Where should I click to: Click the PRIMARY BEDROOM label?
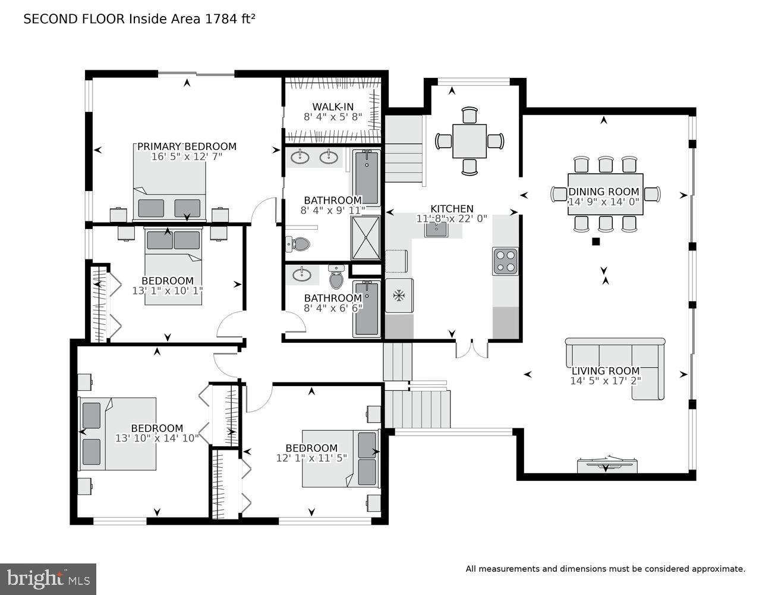[x=187, y=146]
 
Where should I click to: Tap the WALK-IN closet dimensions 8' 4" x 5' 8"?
[x=332, y=117]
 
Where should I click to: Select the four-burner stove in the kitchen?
[x=505, y=261]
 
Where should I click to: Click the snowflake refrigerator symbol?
[x=399, y=295]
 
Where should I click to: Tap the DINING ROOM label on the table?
[x=604, y=192]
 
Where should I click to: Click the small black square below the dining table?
[x=595, y=242]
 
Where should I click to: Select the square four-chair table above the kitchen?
[x=469, y=141]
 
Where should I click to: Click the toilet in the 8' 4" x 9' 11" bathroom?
[x=299, y=244]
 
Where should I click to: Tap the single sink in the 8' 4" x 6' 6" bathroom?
[x=302, y=274]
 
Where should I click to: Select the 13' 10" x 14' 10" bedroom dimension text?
[x=157, y=439]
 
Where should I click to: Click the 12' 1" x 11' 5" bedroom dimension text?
[x=311, y=458]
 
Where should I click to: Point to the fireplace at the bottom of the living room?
[x=606, y=465]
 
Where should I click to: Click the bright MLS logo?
[x=48, y=578]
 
